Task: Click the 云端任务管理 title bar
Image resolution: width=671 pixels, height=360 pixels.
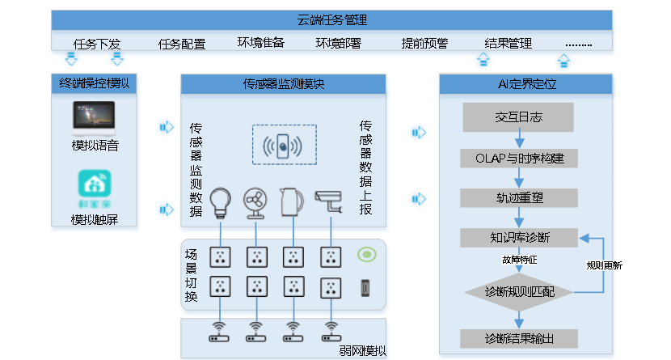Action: tap(332, 20)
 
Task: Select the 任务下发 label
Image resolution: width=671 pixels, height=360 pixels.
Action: tap(97, 43)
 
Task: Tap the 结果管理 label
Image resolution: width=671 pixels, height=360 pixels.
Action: tap(508, 43)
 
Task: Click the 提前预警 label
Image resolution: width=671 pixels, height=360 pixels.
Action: tap(424, 43)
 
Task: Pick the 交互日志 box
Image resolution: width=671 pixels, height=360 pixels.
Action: tap(518, 117)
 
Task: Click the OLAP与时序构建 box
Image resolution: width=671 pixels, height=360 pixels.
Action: tap(518, 158)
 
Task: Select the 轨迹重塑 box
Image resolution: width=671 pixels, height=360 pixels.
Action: tap(518, 197)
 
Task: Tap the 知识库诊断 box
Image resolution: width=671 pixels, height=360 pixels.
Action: tap(518, 238)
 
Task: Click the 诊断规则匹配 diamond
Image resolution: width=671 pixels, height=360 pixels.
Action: tap(518, 291)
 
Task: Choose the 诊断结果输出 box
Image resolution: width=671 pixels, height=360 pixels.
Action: tap(518, 337)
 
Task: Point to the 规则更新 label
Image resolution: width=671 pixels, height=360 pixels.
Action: tap(604, 265)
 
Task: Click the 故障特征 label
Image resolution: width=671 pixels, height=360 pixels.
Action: tap(519, 260)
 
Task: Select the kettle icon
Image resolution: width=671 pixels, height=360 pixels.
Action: tap(291, 201)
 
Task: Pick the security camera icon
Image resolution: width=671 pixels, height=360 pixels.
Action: tap(328, 200)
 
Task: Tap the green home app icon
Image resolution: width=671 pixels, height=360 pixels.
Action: tap(95, 184)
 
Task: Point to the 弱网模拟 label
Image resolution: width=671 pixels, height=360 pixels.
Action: tap(363, 350)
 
